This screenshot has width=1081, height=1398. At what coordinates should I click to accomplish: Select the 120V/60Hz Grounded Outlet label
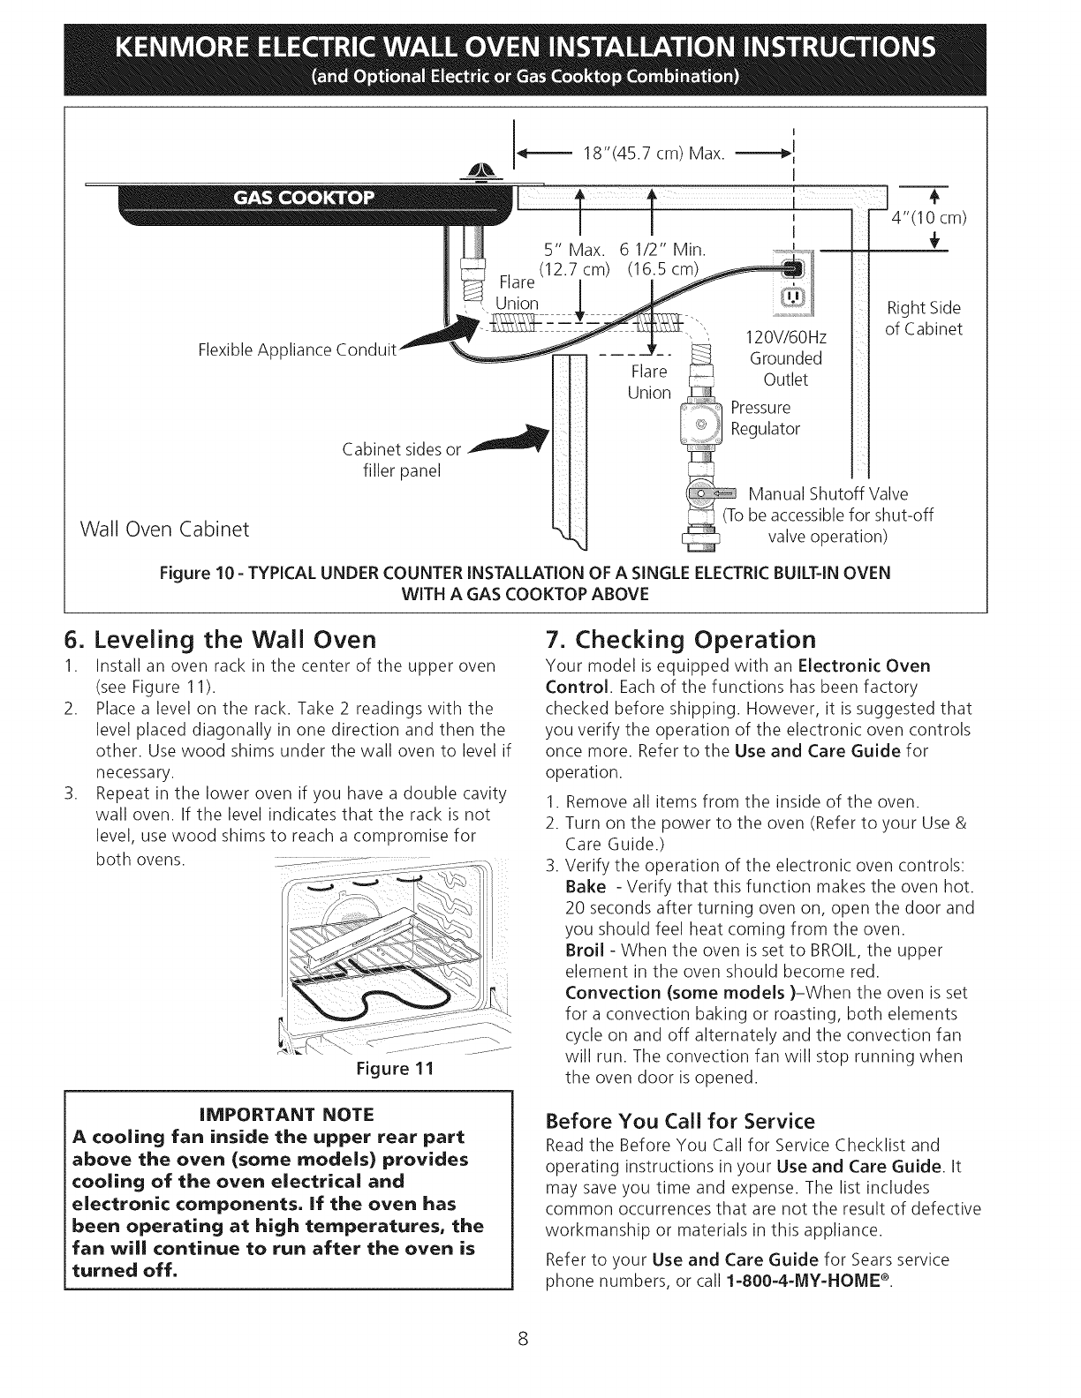(x=786, y=358)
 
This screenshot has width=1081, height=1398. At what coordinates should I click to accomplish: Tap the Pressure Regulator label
(x=766, y=418)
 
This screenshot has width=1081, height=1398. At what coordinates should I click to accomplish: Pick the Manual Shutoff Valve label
(x=828, y=493)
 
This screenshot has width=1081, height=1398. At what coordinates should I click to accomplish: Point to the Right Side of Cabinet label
(x=922, y=319)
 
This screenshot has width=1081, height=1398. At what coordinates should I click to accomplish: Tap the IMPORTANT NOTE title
(x=288, y=1112)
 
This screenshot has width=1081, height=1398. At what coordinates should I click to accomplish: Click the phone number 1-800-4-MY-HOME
(x=805, y=1281)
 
